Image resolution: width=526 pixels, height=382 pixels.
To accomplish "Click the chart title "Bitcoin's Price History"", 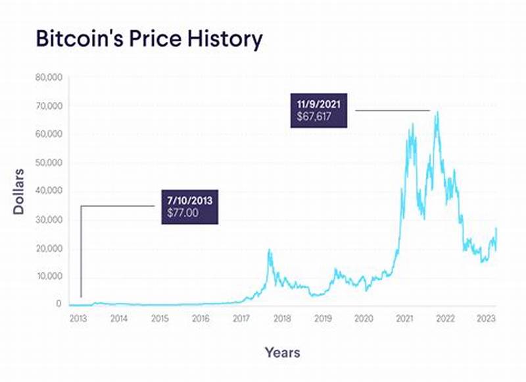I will (x=148, y=39).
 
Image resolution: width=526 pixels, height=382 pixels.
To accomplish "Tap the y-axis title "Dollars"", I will (x=20, y=190).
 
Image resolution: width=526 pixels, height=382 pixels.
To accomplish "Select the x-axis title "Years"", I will (x=283, y=352).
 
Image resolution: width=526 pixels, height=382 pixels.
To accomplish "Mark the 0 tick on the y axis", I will (x=59, y=304).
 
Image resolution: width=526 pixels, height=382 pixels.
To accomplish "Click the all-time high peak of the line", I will (x=437, y=113).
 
